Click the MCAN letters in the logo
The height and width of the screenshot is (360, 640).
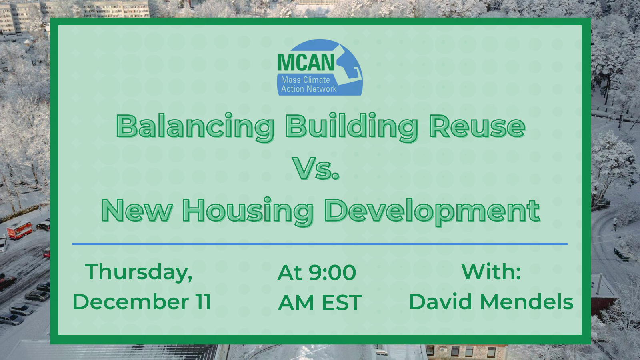click(306, 62)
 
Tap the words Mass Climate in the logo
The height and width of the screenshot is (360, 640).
click(306, 80)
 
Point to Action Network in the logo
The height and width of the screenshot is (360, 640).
click(309, 89)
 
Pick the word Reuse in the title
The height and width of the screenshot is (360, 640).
click(477, 126)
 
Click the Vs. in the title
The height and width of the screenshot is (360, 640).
click(316, 168)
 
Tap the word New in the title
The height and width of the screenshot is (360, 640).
click(137, 210)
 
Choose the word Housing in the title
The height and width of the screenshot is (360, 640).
click(248, 212)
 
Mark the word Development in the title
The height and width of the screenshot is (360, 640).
click(432, 212)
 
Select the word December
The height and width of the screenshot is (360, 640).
click(131, 302)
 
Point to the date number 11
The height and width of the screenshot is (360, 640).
click(203, 302)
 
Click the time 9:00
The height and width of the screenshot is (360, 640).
click(332, 272)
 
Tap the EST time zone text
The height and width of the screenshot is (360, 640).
click(342, 302)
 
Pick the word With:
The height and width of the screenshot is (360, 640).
click(491, 272)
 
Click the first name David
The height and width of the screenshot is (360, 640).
click(440, 302)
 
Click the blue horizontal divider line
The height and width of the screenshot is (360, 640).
click(320, 244)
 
